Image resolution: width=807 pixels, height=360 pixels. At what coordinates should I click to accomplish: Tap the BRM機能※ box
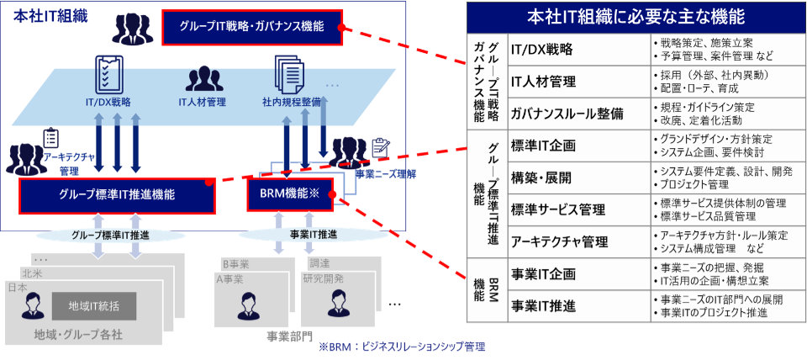[x=290, y=194]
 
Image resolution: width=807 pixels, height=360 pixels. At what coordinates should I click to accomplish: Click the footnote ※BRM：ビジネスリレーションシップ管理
[x=401, y=347]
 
